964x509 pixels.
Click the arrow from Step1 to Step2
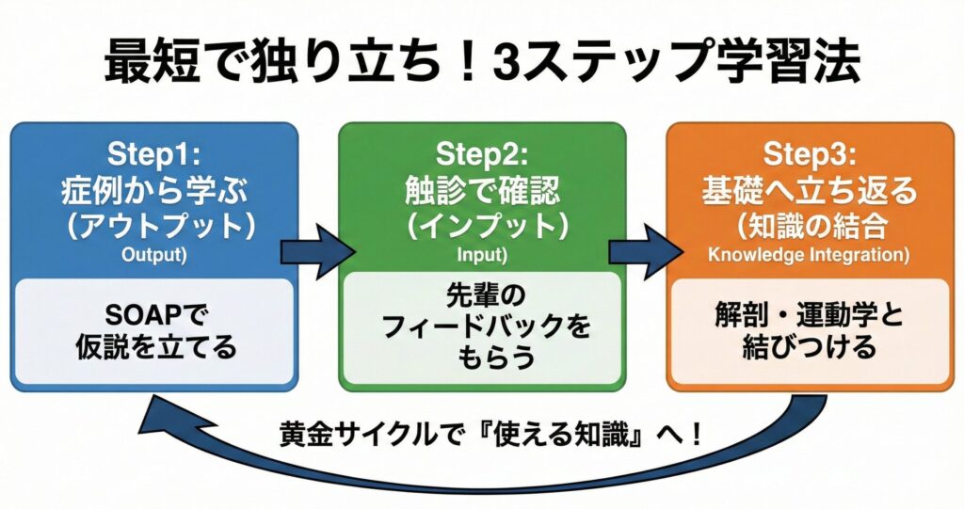[317, 251]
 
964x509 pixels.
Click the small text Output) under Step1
[153, 255]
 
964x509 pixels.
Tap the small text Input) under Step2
[481, 255]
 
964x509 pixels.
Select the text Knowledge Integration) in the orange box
[809, 255]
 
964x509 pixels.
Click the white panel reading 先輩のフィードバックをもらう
[481, 328]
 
